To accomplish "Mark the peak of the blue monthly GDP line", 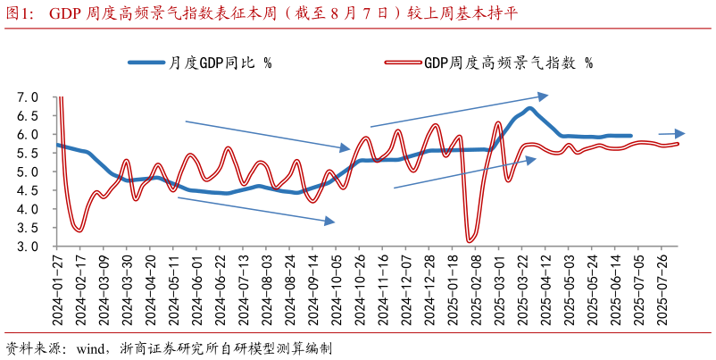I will coord(529,108).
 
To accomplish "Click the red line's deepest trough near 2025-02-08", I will coord(470,240).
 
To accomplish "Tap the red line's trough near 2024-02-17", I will coord(79,230).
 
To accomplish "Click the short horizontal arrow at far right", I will coord(671,133).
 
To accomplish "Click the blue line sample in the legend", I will coord(147,63).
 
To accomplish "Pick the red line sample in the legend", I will coord(403,63).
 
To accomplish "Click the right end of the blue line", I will coord(630,136).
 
